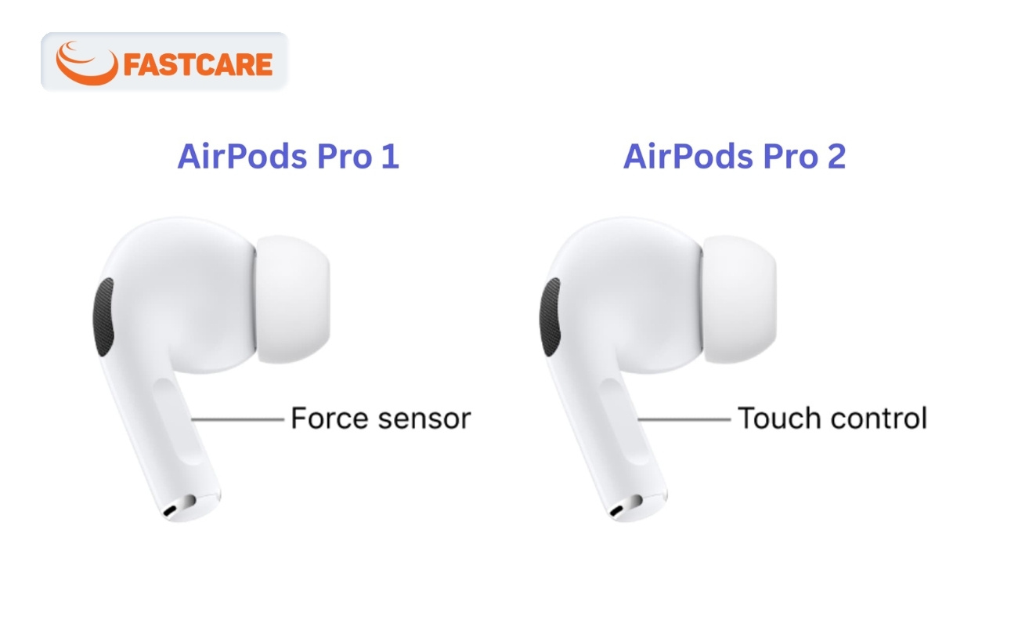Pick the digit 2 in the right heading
point(836,157)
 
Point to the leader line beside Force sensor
point(237,419)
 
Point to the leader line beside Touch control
point(684,419)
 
